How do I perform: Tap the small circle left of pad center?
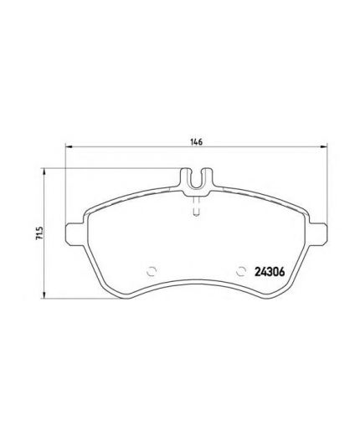click(x=152, y=270)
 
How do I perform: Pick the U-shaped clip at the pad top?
click(x=196, y=178)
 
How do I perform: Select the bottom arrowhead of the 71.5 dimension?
click(x=45, y=296)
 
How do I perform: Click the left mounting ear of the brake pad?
click(x=75, y=234)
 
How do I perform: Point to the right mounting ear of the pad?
click(x=317, y=234)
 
